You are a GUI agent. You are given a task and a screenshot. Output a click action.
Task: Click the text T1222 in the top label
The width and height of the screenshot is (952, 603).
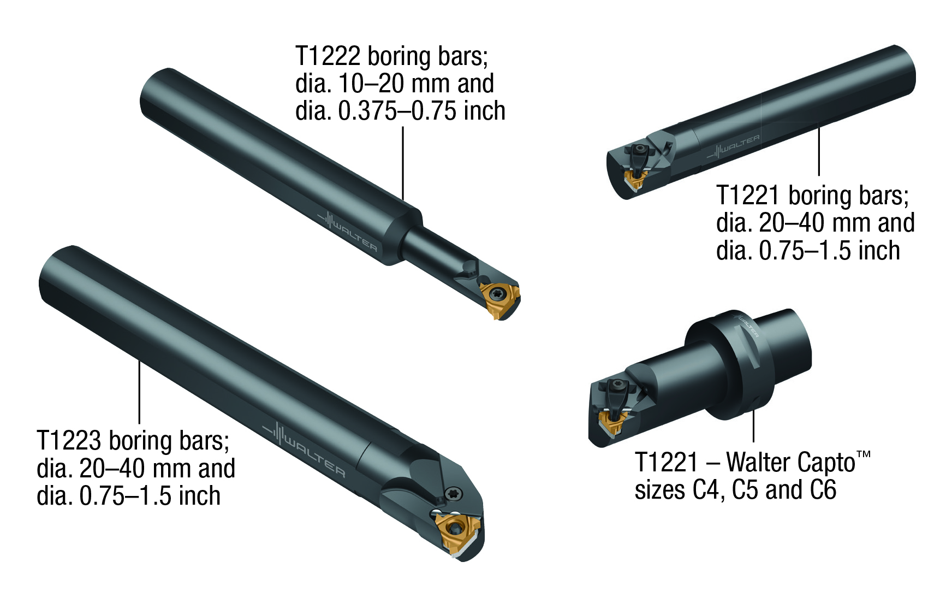[x=328, y=56]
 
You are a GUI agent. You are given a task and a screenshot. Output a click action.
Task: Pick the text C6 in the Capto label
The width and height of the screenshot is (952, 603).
[x=823, y=490]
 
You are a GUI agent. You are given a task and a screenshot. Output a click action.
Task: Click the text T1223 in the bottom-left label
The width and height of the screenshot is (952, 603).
[x=69, y=441]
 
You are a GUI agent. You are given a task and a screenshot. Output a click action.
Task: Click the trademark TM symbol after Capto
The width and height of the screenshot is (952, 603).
[x=863, y=454]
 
